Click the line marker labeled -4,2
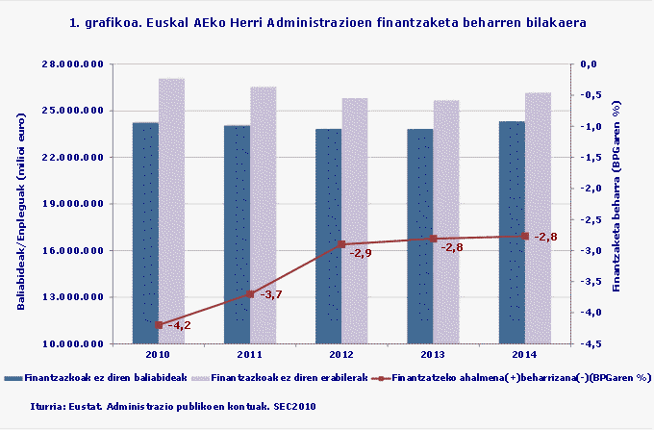pos(159,325)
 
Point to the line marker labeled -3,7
pos(250,293)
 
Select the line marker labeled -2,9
pos(341,244)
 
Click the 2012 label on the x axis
pos(341,355)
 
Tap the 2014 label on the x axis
pos(524,355)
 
